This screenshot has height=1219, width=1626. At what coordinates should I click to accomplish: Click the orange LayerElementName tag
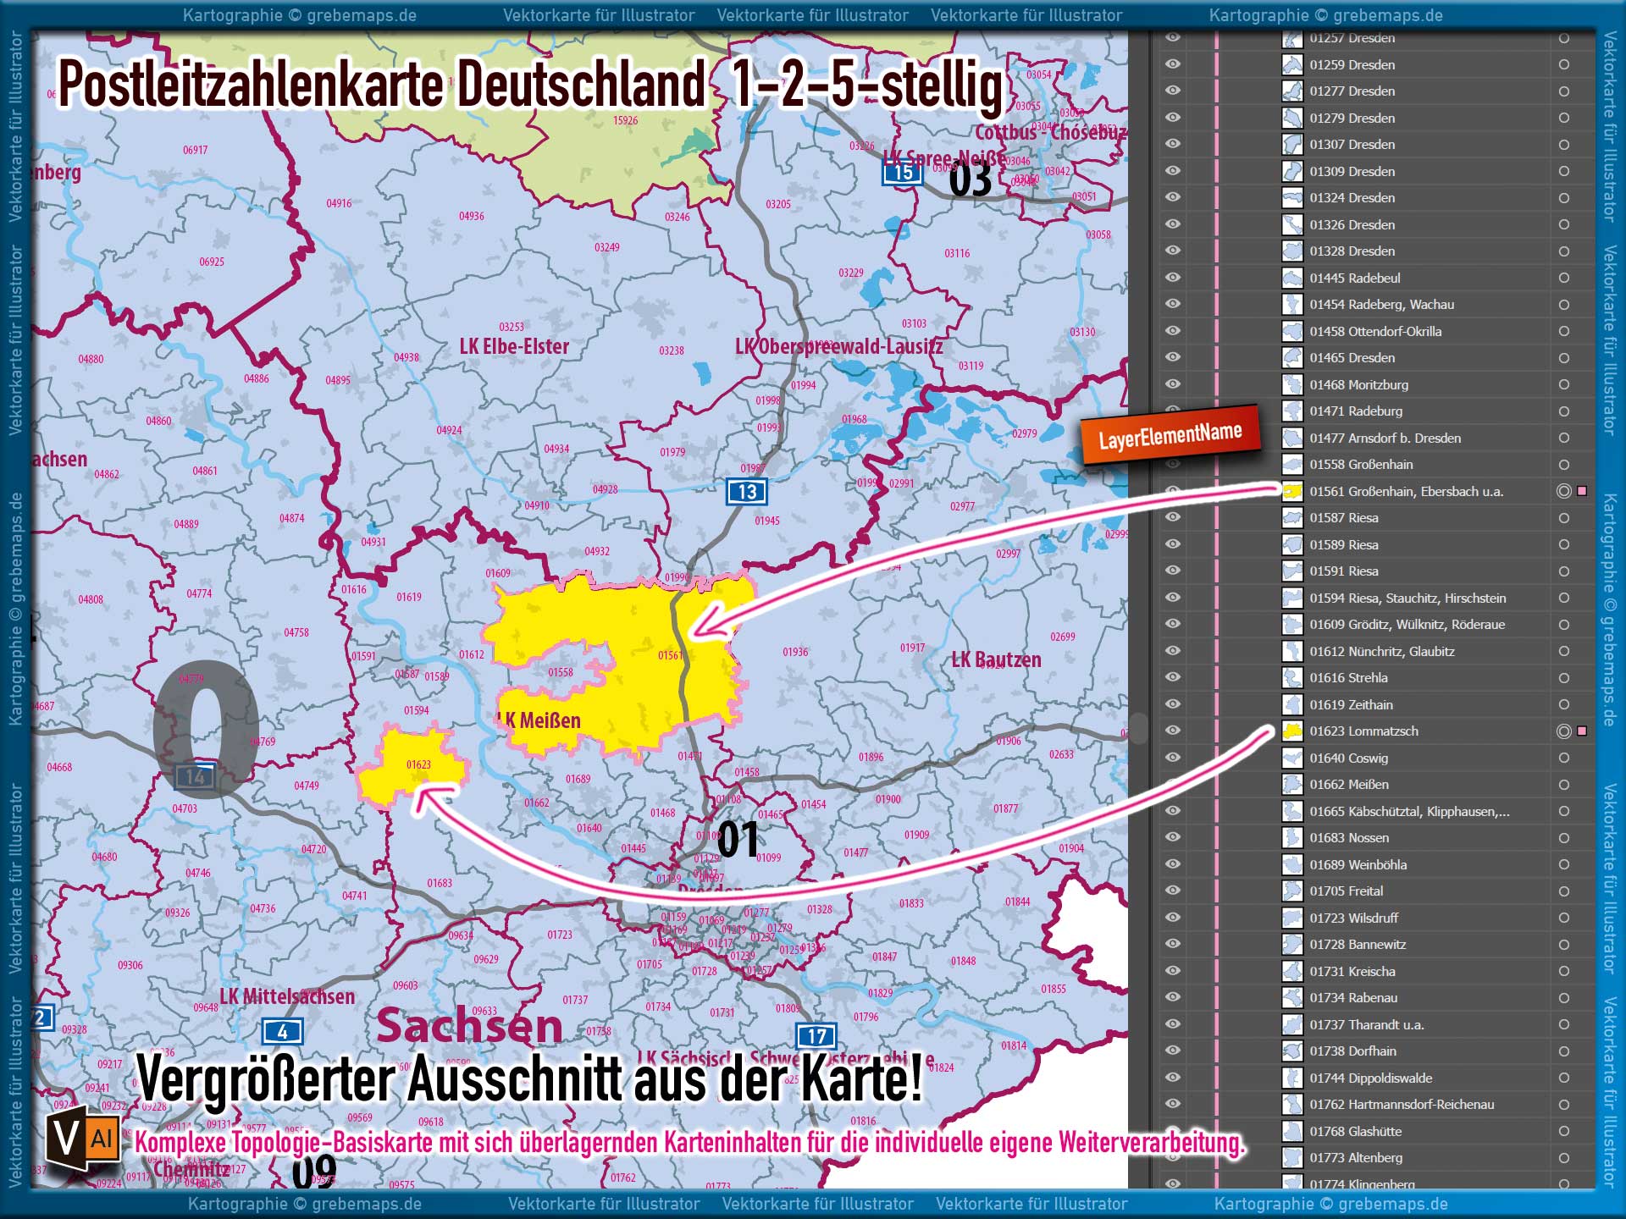click(1170, 436)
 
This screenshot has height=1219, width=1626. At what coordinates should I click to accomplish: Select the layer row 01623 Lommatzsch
click(1363, 731)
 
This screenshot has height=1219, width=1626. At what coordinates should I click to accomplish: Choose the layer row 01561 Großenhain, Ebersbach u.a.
click(1406, 492)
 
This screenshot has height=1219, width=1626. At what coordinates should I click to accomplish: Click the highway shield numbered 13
click(746, 492)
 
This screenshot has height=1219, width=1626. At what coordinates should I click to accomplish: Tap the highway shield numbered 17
click(816, 1036)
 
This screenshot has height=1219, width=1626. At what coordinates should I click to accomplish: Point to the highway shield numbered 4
click(282, 1032)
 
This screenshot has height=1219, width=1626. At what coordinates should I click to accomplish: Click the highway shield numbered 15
click(903, 173)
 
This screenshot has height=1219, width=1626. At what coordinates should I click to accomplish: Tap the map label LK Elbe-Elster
click(514, 346)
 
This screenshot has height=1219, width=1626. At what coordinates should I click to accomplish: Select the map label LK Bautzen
click(996, 660)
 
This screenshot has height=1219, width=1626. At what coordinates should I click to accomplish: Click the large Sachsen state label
click(469, 1026)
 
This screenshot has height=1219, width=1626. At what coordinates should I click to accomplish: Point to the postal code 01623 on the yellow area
click(418, 765)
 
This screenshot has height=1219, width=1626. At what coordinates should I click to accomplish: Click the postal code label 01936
click(794, 652)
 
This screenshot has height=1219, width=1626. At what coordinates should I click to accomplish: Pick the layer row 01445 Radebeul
click(1354, 279)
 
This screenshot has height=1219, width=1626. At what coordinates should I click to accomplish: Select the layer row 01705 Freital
click(1346, 891)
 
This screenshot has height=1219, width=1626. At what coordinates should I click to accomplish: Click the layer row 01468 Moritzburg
click(1358, 385)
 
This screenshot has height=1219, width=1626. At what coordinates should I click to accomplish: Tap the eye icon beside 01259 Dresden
click(1173, 64)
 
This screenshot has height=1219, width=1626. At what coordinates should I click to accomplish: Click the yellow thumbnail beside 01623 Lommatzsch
click(1292, 731)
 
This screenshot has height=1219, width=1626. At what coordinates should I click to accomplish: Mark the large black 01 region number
click(738, 840)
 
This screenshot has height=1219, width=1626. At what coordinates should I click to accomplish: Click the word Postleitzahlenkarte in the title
click(251, 86)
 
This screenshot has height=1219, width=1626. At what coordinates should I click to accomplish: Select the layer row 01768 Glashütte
click(1355, 1132)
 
